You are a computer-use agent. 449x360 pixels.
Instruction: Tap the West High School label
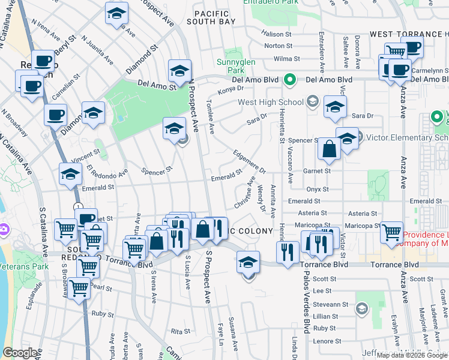pos(271,102)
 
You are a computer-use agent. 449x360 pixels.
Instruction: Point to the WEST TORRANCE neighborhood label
pos(408,35)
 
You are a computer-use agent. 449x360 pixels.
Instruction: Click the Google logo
pos(20,353)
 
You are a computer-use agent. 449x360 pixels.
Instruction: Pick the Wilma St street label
pos(286,59)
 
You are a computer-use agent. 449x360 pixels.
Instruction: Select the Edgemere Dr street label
pos(249,161)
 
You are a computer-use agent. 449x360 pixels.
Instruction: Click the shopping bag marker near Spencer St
pos(330,150)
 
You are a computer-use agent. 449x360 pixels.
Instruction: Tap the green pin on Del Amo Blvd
pos(290,79)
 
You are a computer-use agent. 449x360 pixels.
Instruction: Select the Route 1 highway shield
pos(78,207)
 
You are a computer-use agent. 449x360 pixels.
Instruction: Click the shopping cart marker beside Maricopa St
pos(391,230)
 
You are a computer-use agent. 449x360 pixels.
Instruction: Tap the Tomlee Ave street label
pos(211,117)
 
